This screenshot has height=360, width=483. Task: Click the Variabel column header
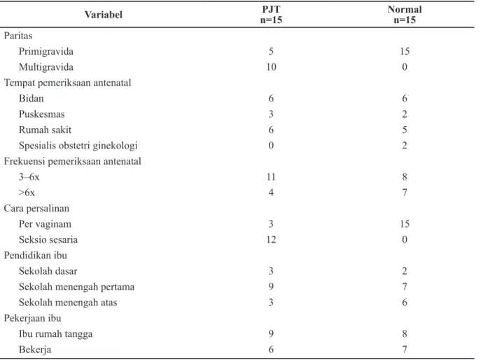(104, 15)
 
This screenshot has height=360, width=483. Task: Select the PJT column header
(271, 15)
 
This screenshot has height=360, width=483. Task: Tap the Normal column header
(405, 15)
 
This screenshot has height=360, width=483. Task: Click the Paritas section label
(18, 36)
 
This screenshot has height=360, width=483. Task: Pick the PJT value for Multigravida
(271, 67)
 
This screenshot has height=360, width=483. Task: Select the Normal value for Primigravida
(405, 51)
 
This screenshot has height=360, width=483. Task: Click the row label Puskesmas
(41, 114)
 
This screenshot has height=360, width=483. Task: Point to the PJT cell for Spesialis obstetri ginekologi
(271, 145)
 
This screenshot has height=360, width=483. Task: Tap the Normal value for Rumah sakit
(405, 130)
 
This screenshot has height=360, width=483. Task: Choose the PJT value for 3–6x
(271, 176)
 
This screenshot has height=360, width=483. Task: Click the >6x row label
(27, 193)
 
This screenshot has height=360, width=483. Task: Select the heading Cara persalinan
(36, 208)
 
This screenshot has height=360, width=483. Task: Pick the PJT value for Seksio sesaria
(271, 240)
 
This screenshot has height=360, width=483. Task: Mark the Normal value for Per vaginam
(405, 223)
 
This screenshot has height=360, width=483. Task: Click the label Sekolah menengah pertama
(76, 286)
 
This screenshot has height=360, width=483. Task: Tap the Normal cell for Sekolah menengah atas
(405, 302)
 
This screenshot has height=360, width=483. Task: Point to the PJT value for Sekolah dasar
(271, 271)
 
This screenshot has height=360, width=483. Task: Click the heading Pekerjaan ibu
(32, 318)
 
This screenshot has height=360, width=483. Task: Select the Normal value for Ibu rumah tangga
(405, 333)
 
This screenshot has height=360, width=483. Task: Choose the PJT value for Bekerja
(271, 349)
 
